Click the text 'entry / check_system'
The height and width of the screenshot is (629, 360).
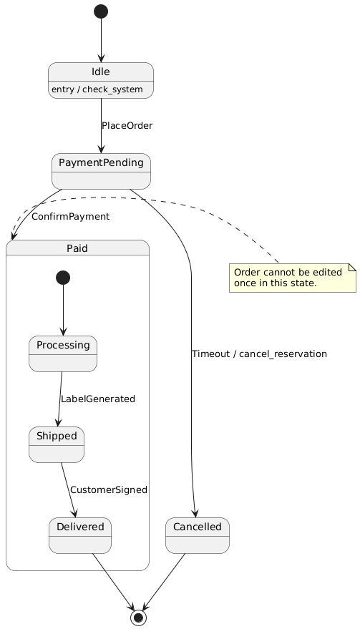pyautogui.click(x=101, y=89)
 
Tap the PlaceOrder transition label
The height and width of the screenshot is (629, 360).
pyautogui.click(x=127, y=126)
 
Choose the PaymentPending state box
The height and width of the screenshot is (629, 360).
pyautogui.click(x=101, y=171)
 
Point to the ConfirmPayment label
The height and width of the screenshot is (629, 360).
pyautogui.click(x=70, y=216)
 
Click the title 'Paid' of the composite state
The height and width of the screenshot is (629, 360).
pyautogui.click(x=77, y=248)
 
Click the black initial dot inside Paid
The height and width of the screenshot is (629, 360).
pyautogui.click(x=63, y=278)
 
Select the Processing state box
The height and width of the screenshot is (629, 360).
pyautogui.click(x=63, y=353)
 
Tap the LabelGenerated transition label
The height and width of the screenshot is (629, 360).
pyautogui.click(x=97, y=399)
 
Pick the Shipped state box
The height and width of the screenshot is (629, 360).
pyautogui.click(x=57, y=444)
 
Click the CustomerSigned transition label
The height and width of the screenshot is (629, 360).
pyautogui.click(x=108, y=490)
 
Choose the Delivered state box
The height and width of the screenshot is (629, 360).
pyautogui.click(x=79, y=535)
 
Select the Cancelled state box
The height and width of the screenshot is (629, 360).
pyautogui.click(x=197, y=535)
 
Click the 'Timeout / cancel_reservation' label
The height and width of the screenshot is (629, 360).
pyautogui.click(x=259, y=354)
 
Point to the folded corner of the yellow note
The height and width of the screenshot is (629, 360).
pyautogui.click(x=351, y=267)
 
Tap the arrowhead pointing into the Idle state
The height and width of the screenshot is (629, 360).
pyautogui.click(x=101, y=58)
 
